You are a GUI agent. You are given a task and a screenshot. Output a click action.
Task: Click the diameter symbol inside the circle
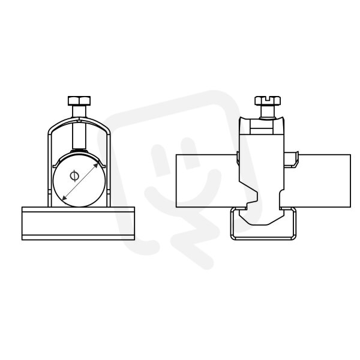pyautogui.click(x=74, y=176)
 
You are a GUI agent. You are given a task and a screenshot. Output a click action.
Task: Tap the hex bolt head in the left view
pyautogui.click(x=79, y=101)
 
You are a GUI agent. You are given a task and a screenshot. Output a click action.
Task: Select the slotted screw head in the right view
pyautogui.click(x=268, y=101)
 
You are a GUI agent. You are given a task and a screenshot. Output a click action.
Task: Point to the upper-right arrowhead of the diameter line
pyautogui.click(x=96, y=166)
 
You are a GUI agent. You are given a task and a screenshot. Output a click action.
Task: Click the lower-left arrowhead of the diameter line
pyautogui.click(x=65, y=197)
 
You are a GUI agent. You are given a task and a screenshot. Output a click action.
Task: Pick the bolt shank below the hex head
pyautogui.click(x=79, y=126)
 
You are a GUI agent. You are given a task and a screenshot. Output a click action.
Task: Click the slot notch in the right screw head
pyautogui.click(x=268, y=98)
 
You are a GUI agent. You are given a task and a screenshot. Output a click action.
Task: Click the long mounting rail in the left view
pyautogui.click(x=78, y=223)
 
